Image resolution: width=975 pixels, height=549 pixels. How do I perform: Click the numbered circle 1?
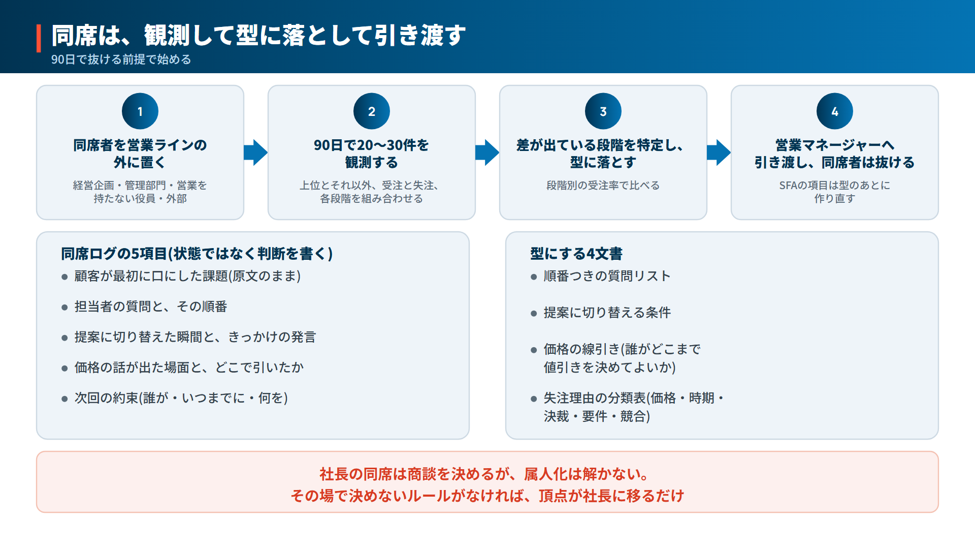click(x=140, y=111)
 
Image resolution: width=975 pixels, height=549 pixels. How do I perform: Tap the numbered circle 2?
click(x=372, y=111)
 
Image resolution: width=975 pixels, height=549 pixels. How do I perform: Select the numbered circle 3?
click(x=603, y=111)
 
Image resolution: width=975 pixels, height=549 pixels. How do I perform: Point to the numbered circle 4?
click(x=835, y=111)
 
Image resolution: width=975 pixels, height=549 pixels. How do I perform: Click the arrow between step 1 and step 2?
click(x=256, y=152)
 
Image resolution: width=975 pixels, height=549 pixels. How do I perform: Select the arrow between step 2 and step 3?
click(x=487, y=152)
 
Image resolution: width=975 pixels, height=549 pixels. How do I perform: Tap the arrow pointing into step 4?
click(x=719, y=152)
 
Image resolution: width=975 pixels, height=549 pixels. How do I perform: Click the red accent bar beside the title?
click(x=39, y=38)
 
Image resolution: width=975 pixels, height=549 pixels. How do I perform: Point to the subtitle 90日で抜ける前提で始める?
click(x=121, y=59)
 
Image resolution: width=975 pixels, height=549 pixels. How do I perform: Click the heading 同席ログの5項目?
click(x=114, y=254)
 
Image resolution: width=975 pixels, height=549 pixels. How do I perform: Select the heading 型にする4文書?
click(x=576, y=254)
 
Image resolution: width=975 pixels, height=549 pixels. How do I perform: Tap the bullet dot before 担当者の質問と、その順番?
click(x=64, y=308)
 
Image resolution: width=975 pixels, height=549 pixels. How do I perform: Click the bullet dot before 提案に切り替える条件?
click(x=534, y=314)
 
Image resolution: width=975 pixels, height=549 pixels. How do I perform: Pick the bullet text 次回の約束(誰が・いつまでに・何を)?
click(x=181, y=398)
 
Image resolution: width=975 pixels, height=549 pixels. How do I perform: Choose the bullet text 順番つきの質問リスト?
click(x=607, y=276)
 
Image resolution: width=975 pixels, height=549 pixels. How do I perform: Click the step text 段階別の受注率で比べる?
click(x=603, y=186)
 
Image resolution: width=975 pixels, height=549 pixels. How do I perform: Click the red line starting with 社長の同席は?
click(x=484, y=474)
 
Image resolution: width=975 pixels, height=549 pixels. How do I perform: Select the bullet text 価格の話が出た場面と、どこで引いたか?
click(x=189, y=368)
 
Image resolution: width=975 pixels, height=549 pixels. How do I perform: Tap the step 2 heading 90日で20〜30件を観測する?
click(x=372, y=154)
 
